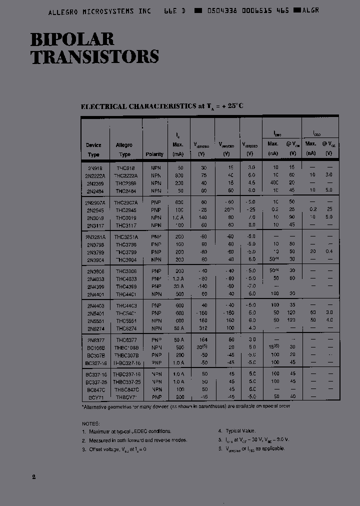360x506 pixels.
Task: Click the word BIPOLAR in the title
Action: pos(72,39)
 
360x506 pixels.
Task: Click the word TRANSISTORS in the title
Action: pos(95,56)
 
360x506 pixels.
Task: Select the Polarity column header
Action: pos(154,154)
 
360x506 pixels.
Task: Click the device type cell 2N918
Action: pos(94,168)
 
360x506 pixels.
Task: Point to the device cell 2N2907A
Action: pos(95,201)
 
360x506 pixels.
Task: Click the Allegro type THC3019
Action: pos(124,217)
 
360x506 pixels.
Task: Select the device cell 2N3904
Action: pos(94,259)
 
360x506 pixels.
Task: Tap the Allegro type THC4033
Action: pos(124,278)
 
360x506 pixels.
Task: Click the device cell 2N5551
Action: pos(94,320)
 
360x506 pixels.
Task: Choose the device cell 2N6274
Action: pos(94,328)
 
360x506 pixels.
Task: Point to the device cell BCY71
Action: pos(94,397)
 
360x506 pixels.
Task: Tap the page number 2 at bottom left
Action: pos(34,477)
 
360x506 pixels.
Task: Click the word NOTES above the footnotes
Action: pos(90,423)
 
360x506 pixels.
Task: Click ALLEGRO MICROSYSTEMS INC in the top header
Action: pos(99,10)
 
